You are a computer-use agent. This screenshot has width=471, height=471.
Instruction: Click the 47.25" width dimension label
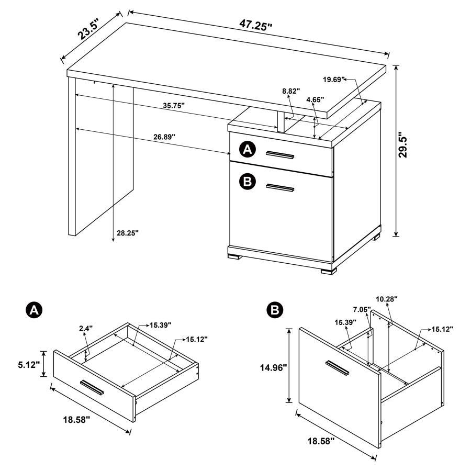tap(256, 24)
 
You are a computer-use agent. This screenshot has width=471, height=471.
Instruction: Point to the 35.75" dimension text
tap(174, 105)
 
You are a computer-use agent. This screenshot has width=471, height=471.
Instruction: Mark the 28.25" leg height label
tap(128, 233)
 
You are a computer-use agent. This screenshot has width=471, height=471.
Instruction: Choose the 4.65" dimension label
tap(315, 98)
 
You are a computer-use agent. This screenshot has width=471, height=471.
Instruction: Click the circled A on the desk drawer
tap(246, 150)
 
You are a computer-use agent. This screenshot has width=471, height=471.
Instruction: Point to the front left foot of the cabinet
tap(234, 256)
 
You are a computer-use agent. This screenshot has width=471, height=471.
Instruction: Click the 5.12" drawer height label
tap(28, 364)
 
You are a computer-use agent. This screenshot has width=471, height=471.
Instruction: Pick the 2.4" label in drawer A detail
tap(85, 329)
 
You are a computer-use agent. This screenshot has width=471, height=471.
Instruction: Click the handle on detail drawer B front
tap(337, 367)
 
